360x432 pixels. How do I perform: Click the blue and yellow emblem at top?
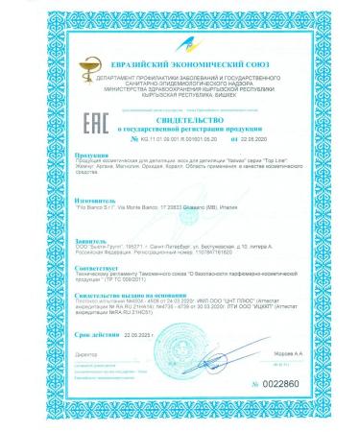point(180,44)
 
